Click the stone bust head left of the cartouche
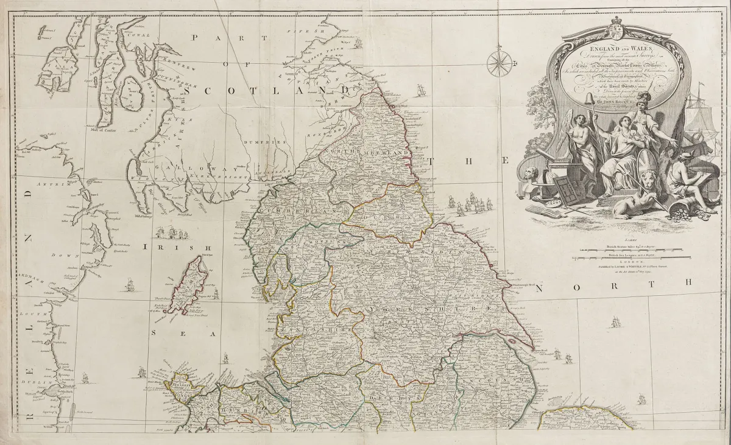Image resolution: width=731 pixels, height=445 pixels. [532, 173]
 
